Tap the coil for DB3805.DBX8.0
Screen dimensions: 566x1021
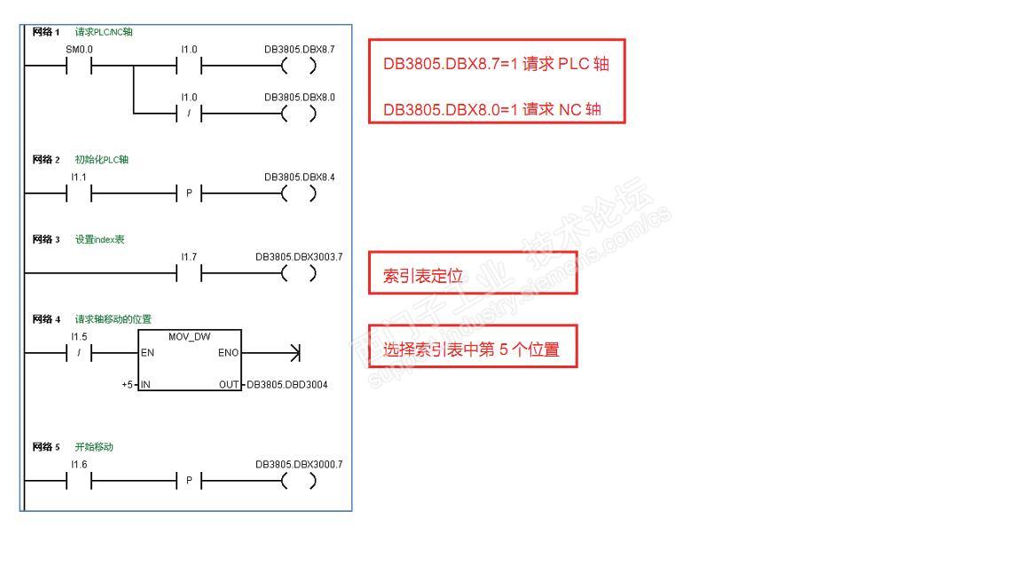299,114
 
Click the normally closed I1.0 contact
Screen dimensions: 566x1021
189,114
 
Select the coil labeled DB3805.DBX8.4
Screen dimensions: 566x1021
299,194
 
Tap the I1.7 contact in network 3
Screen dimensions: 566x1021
189,274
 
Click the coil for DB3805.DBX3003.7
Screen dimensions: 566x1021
299,274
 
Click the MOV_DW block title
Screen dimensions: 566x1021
189,337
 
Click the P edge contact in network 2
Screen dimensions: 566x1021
189,194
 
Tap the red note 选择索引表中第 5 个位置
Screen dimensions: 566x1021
472,348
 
